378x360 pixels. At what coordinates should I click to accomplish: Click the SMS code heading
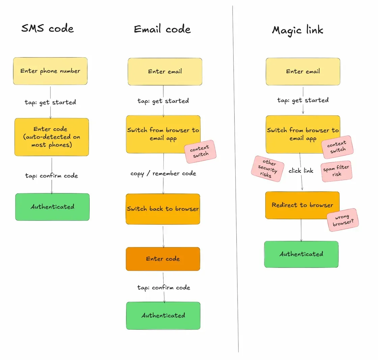point(47,28)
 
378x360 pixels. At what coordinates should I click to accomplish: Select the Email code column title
point(162,29)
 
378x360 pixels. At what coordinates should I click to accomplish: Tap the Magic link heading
point(297,30)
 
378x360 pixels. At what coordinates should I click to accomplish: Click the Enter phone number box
point(50,71)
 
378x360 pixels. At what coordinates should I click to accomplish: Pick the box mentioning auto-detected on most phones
point(51,137)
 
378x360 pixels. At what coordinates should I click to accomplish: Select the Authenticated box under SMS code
point(52,207)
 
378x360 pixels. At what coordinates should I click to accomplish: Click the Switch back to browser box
point(163,209)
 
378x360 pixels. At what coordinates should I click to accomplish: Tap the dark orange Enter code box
point(163,259)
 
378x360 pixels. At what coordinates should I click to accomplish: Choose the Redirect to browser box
point(302,205)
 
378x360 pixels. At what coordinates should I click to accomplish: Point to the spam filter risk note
point(336,171)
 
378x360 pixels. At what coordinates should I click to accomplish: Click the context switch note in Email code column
point(200,151)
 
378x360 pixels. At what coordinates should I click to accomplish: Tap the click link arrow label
point(301,171)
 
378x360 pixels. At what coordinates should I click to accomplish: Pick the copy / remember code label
point(163,173)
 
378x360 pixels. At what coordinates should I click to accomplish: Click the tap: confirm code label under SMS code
point(51,175)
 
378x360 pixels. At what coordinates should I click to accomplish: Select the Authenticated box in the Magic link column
point(301,254)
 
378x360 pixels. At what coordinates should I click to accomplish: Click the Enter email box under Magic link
point(303,71)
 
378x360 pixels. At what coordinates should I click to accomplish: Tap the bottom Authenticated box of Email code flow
point(163,315)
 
